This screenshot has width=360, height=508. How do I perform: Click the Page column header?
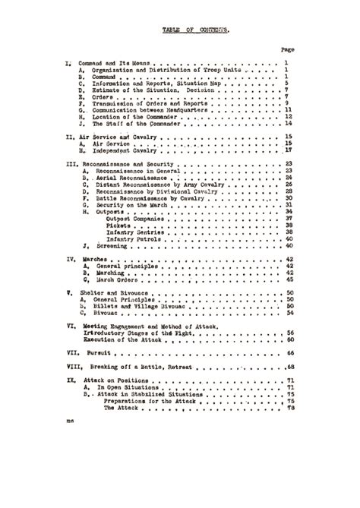click(288, 49)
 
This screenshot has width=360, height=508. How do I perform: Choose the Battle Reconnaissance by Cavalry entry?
click(145, 198)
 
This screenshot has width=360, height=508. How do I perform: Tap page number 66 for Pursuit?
click(290, 352)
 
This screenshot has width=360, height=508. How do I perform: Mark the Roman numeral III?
click(71, 163)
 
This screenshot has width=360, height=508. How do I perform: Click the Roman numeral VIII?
click(73, 367)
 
